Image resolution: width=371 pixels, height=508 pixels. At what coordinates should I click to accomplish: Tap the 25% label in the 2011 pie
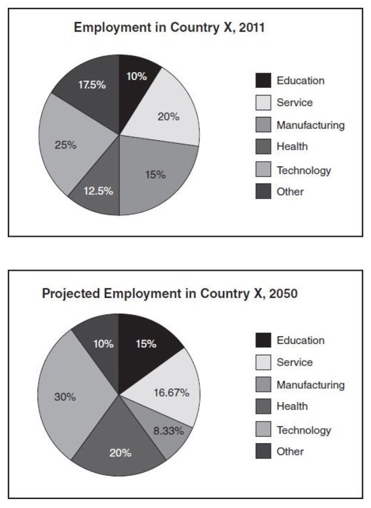tap(66, 144)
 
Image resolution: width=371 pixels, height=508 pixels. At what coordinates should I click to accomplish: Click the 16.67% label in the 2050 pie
tap(172, 392)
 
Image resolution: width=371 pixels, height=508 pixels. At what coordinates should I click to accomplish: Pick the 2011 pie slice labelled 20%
tap(168, 116)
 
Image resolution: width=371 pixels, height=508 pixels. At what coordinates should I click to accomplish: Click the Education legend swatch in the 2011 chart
tap(262, 80)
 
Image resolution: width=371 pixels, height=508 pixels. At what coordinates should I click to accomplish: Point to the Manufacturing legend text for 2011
tap(310, 125)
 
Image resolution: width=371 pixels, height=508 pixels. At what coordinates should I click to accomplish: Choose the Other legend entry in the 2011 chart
tap(290, 191)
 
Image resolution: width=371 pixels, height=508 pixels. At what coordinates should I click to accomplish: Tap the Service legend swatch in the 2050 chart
tap(262, 363)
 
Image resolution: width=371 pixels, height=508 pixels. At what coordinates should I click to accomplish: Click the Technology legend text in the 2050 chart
tap(303, 429)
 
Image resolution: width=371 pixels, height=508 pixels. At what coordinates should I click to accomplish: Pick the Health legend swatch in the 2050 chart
tap(262, 407)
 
